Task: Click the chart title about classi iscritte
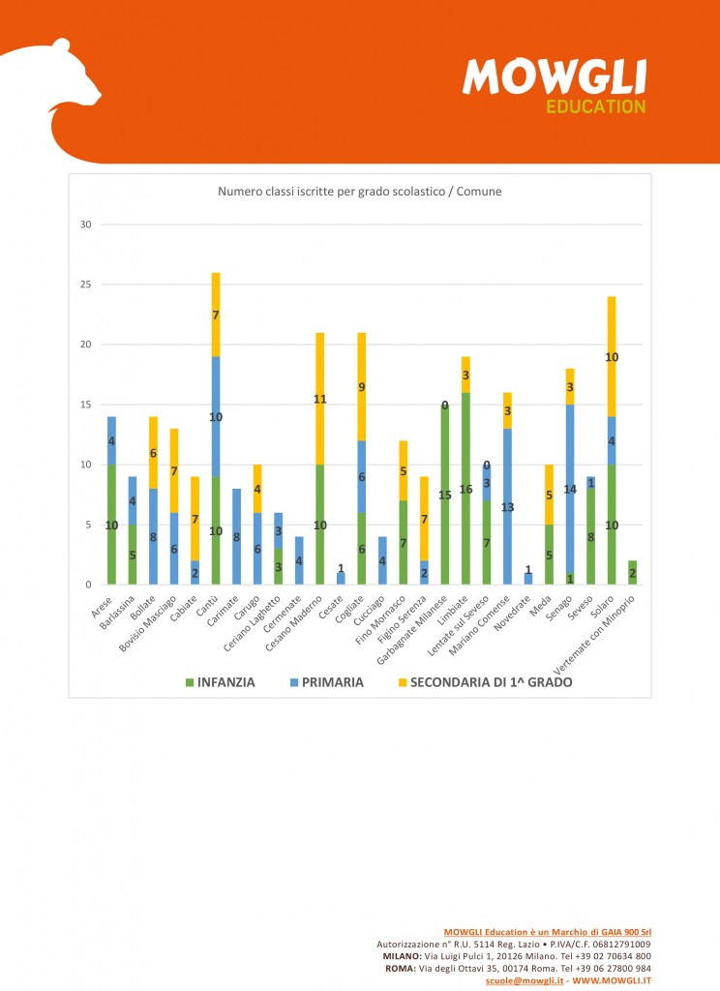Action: [359, 192]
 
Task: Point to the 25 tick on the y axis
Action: [85, 285]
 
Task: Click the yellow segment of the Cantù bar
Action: [216, 315]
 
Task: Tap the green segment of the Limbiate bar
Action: [465, 489]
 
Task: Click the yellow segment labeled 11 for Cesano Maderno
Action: [319, 398]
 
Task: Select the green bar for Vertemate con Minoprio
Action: [632, 572]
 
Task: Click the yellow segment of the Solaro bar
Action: [612, 356]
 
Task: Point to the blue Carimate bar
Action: [236, 536]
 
